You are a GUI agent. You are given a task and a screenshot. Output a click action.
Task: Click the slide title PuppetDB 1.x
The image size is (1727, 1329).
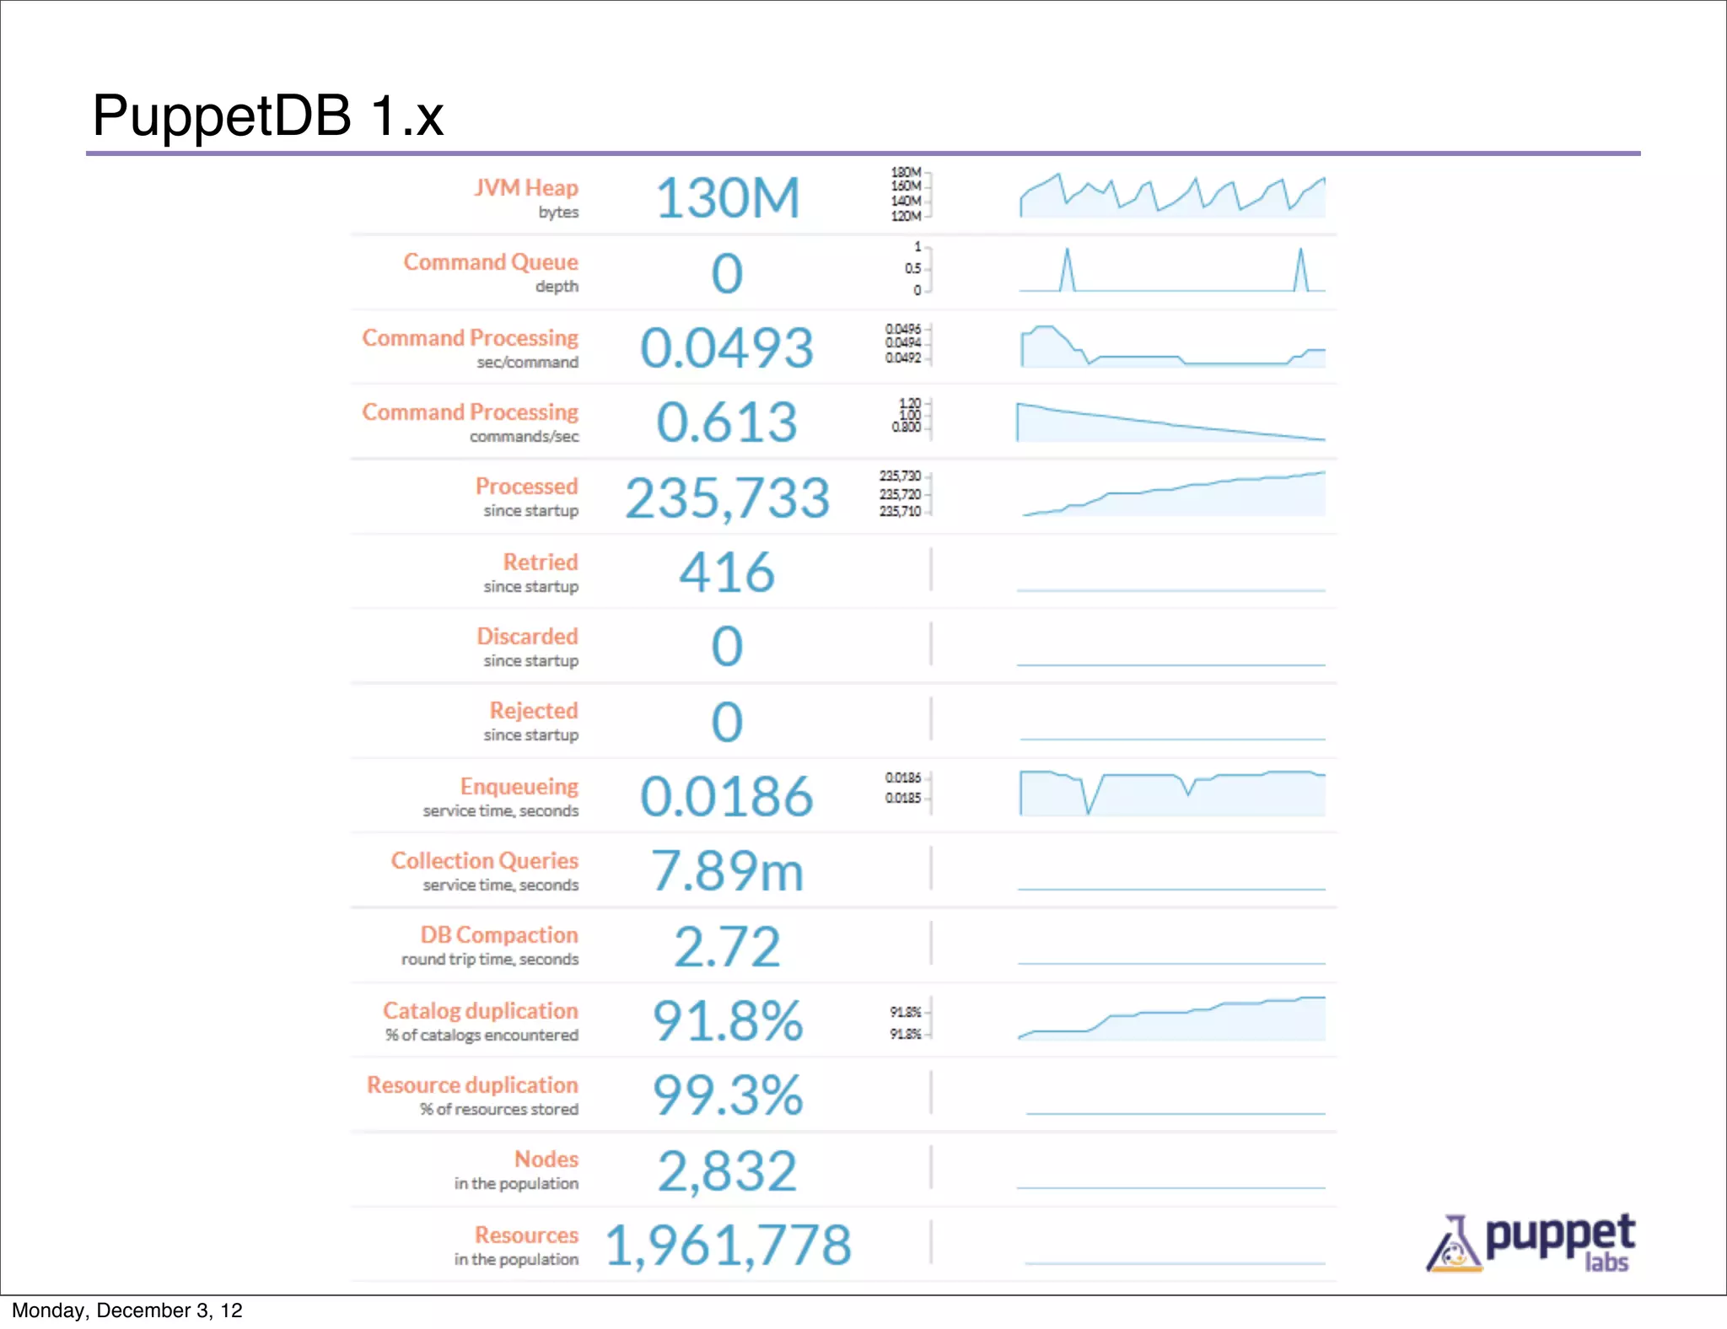[x=267, y=116]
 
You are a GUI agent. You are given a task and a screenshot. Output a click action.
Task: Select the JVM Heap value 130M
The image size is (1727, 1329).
[x=727, y=199]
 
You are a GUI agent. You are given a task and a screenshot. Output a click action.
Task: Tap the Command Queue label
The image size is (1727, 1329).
[x=490, y=262]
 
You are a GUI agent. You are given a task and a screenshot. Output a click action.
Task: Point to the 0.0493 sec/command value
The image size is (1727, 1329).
[x=727, y=348]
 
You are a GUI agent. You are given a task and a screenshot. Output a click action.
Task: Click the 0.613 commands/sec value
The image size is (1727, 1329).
[x=727, y=422]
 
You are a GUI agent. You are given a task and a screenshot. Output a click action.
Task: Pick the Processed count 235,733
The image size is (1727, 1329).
[x=727, y=498]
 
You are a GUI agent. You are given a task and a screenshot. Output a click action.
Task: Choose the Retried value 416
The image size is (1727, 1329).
[x=727, y=573]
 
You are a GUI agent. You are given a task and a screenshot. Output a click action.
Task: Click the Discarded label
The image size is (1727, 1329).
[x=527, y=637]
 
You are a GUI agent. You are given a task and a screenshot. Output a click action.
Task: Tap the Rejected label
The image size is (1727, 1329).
[x=534, y=711]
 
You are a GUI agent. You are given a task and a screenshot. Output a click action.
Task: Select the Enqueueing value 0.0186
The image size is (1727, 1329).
[x=727, y=797]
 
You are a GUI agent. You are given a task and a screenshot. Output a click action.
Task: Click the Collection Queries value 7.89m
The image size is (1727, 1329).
[x=727, y=871]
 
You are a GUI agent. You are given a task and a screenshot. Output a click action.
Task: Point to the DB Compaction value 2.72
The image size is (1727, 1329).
[x=727, y=947]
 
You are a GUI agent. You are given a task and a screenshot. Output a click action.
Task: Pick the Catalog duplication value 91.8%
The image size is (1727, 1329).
[x=727, y=1021]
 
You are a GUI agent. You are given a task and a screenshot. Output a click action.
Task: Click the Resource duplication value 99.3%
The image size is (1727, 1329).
[x=727, y=1095]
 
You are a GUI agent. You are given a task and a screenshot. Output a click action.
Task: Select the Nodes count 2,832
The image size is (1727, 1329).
[x=727, y=1171]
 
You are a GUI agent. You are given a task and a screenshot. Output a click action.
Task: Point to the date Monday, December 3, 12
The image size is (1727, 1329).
[x=126, y=1310]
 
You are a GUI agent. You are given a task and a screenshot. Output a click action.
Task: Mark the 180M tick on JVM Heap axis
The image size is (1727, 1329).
[x=907, y=173]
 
